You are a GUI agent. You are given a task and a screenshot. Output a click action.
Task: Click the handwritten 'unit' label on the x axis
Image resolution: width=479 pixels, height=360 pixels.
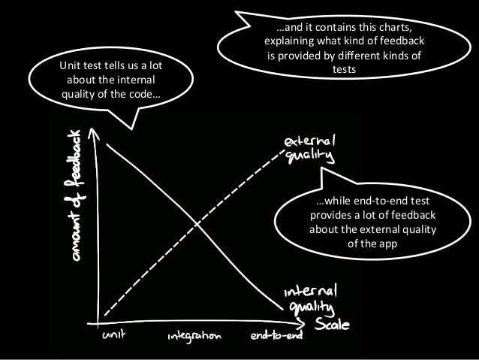point(115,335)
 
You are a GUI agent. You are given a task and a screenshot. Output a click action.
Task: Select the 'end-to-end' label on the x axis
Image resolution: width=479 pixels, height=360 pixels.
point(276,336)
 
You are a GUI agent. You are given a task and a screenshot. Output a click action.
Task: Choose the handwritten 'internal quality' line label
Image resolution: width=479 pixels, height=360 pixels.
point(310,298)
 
